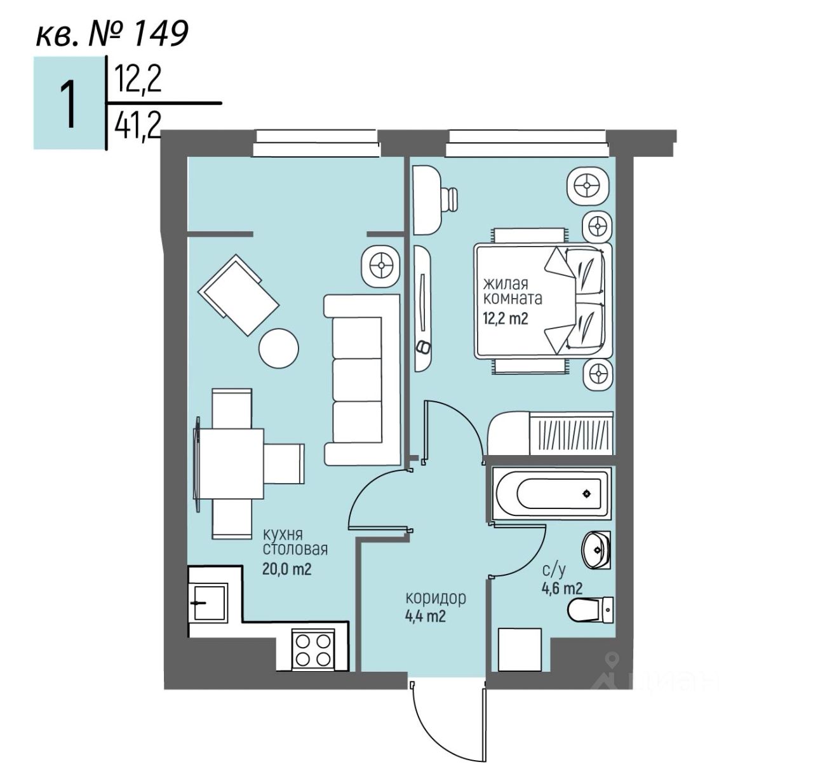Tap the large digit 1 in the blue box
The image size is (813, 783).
tap(68, 104)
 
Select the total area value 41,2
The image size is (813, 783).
tap(136, 130)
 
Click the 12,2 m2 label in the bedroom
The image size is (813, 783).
tap(506, 318)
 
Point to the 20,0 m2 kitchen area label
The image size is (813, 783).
tap(286, 569)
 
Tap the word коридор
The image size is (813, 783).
tap(436, 598)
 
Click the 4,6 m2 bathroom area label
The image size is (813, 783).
tap(561, 588)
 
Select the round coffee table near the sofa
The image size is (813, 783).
tap(279, 347)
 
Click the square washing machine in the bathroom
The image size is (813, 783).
tap(520, 649)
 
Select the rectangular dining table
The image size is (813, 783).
tap(230, 463)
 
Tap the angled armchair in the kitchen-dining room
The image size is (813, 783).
tap(239, 295)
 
